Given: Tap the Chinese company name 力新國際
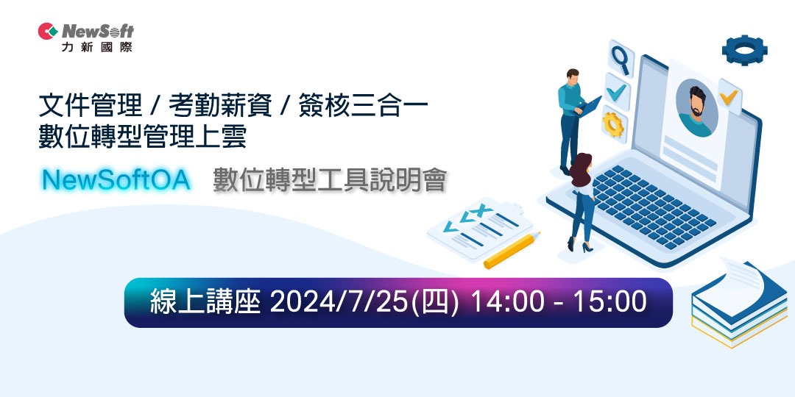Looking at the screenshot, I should pyautogui.click(x=97, y=46).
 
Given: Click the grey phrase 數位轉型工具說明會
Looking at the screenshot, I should pyautogui.click(x=329, y=179).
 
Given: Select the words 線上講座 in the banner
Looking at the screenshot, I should pyautogui.click(x=205, y=302).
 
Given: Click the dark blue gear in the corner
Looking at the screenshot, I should pyautogui.click(x=744, y=50).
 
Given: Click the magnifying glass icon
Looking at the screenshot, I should pyautogui.click(x=621, y=59).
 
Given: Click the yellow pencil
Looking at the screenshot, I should pyautogui.click(x=512, y=251).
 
